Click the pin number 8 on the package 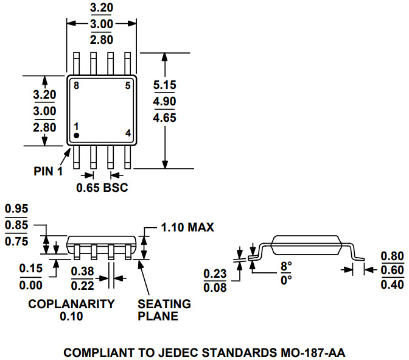coord(76,86)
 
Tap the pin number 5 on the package coord(128,86)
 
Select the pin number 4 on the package coord(128,133)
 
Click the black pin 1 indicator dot coord(77,135)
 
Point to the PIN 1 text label coord(48,171)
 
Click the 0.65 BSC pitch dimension coord(102,188)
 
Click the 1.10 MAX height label coord(187,227)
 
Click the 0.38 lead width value coord(83,271)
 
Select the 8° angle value coord(285,266)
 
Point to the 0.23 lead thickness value coord(215,274)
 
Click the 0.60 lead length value coord(392,270)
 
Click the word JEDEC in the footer coord(183,352)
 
